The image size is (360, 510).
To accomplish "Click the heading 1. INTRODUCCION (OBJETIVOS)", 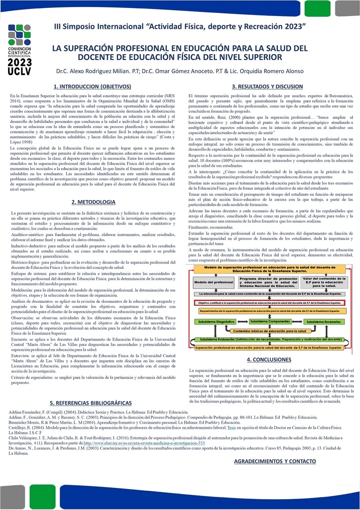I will (x=92, y=86).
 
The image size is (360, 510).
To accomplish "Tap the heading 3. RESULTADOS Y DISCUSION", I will (x=267, y=86).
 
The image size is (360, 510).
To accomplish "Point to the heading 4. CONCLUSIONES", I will (x=269, y=359).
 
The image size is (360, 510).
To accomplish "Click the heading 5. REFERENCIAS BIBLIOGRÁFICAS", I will (x=91, y=402).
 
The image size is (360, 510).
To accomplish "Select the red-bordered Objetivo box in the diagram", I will (x=269, y=302).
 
